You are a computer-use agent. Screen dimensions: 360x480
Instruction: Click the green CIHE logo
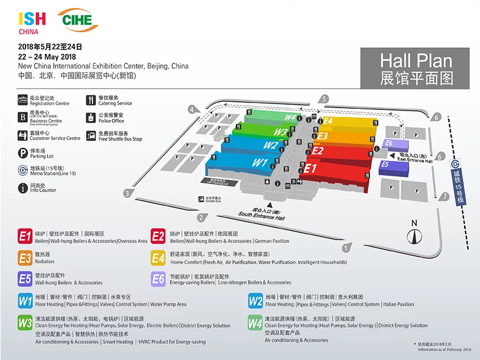pos(78,20)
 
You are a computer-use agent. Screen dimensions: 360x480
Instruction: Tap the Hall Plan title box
pos(416,68)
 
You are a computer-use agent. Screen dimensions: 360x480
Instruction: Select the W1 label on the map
pos(260,163)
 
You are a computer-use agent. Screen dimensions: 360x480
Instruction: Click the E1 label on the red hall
pos(311,168)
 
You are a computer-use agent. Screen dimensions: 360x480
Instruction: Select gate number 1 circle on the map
pos(345,248)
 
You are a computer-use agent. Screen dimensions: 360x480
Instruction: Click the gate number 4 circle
pos(191,109)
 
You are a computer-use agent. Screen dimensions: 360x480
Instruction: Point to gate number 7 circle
pos(444,197)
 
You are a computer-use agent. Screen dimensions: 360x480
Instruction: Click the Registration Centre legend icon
pos(23,100)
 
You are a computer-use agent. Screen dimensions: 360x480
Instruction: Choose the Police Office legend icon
pos(91,117)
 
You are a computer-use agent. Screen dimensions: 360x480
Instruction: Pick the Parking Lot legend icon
pos(23,153)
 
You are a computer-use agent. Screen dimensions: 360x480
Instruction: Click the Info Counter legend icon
pos(23,188)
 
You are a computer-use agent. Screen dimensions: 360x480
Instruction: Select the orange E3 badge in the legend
pos(25,258)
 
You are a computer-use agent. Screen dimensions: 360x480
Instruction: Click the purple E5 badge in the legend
pos(25,279)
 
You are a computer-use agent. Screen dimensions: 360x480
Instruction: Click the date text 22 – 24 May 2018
pos(47,57)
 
